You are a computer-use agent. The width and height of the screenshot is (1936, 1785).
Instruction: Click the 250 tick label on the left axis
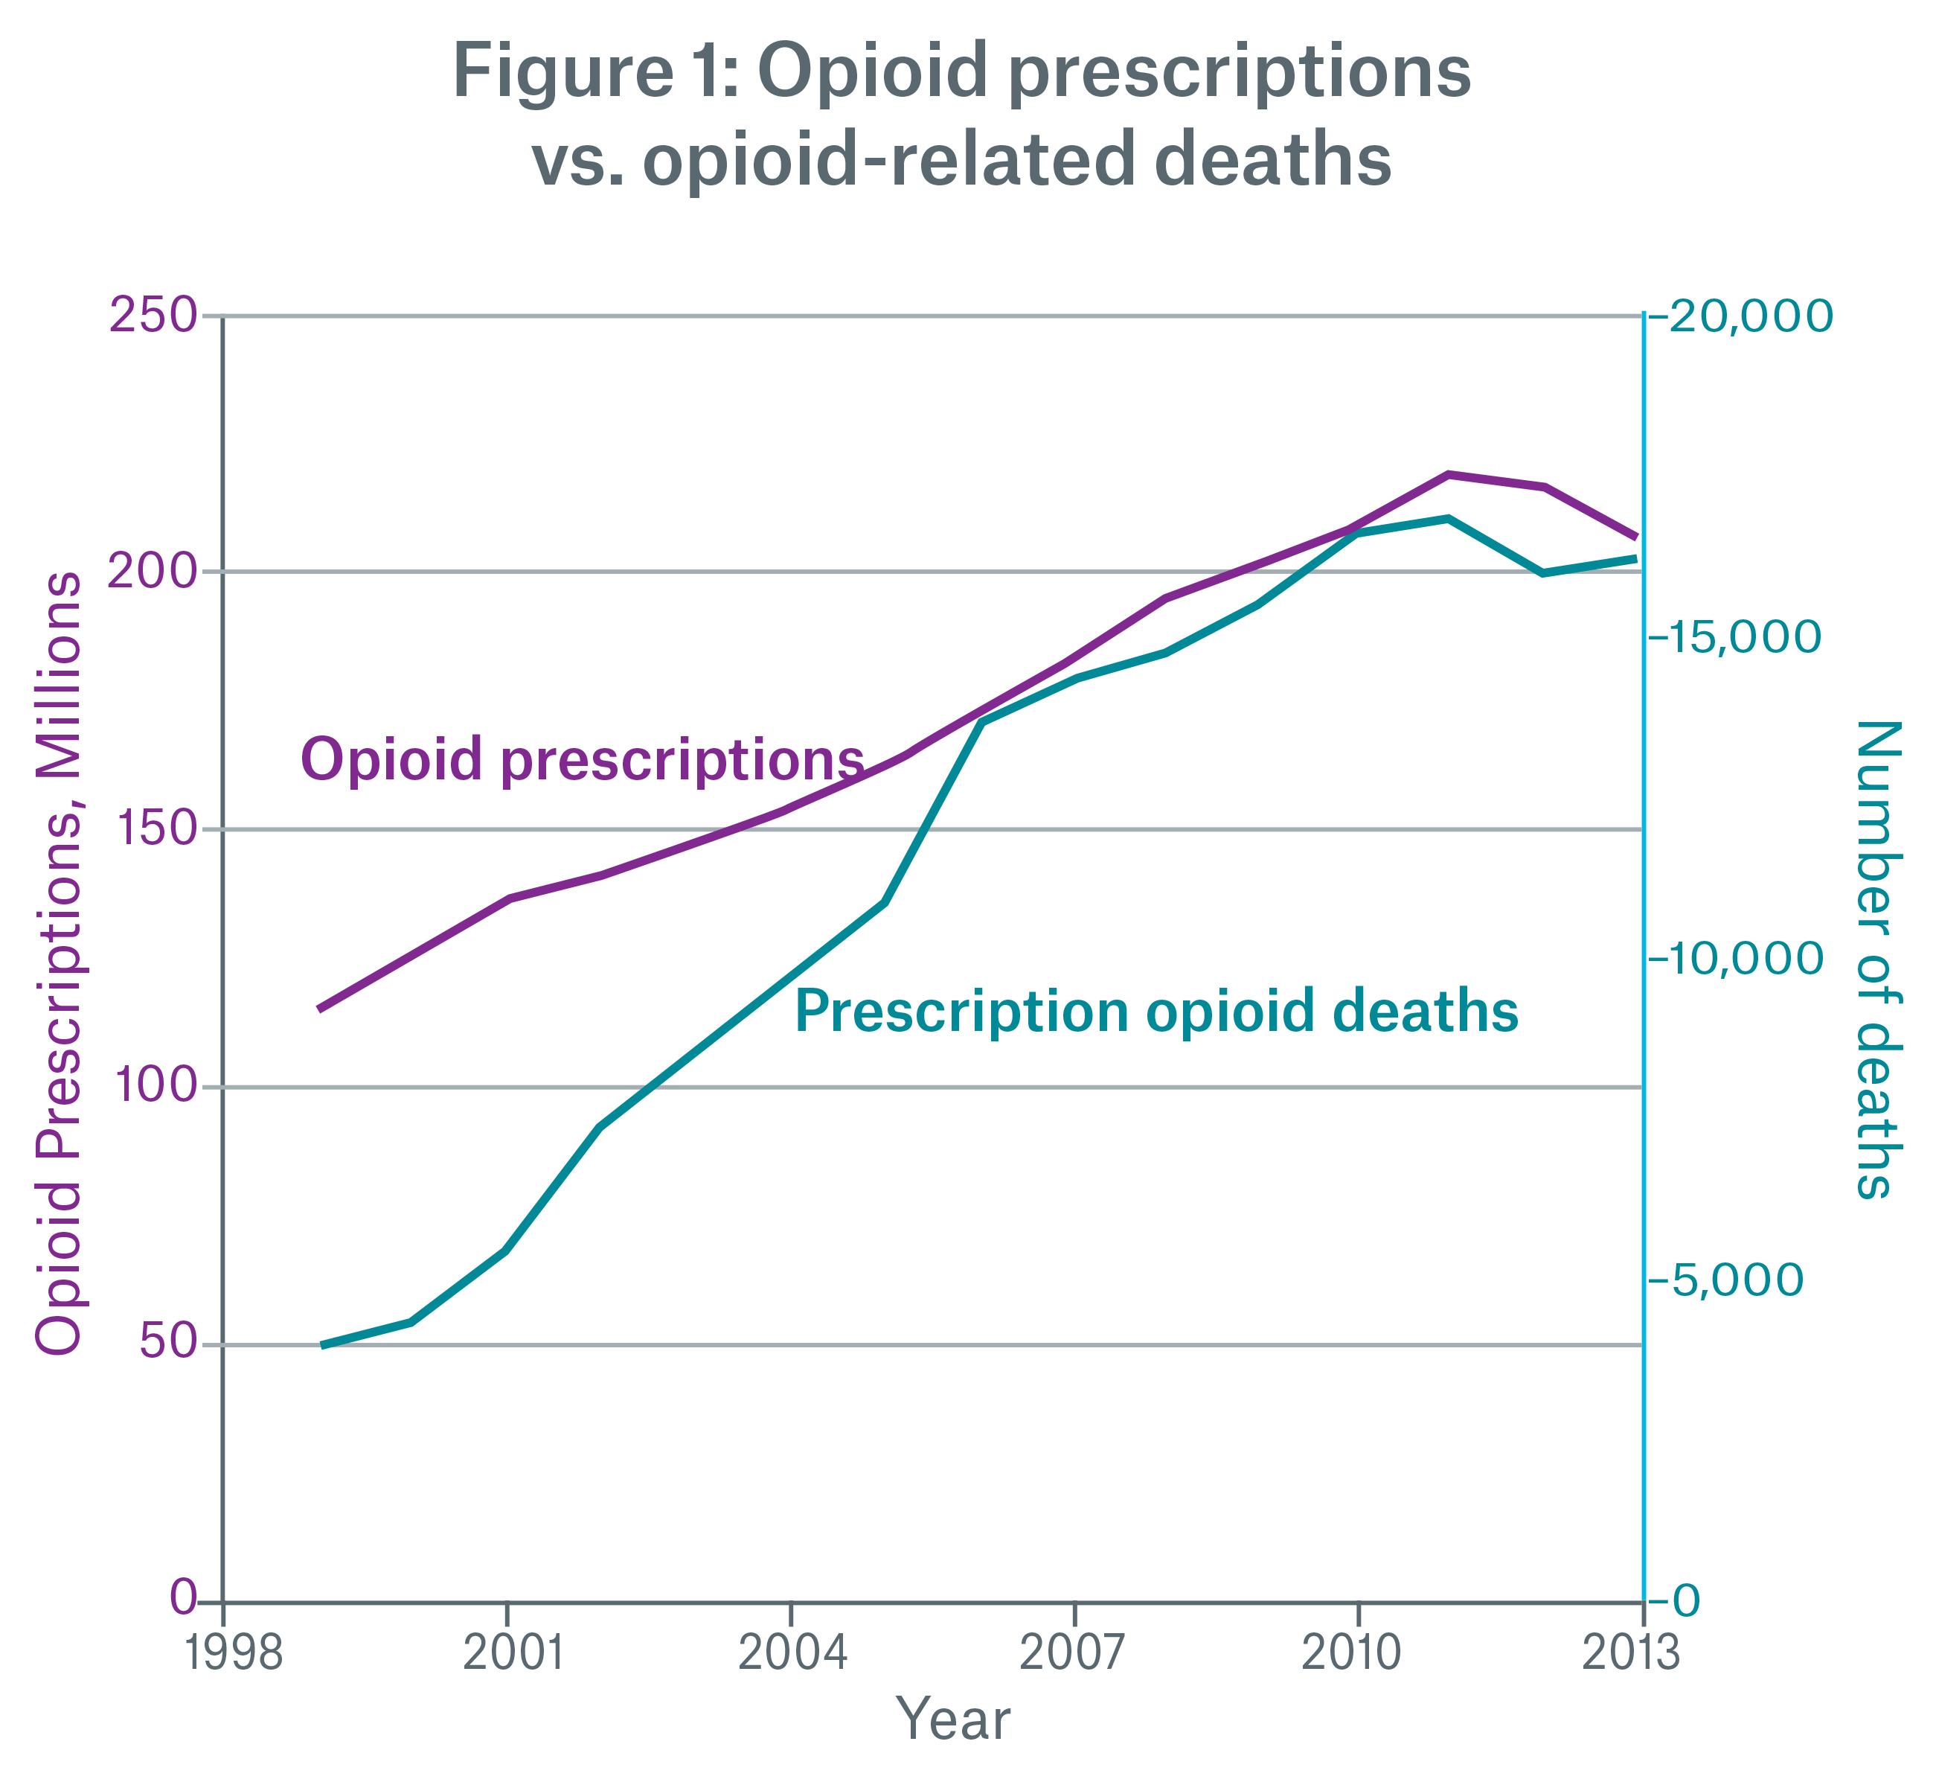[156, 316]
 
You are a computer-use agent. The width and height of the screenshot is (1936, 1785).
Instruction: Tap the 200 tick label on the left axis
[156, 572]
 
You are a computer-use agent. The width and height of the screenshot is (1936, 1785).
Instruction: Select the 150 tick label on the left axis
[156, 828]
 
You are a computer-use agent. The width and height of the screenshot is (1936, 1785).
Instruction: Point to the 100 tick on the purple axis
[156, 1087]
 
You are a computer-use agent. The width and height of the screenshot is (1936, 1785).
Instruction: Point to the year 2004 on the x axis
[791, 1654]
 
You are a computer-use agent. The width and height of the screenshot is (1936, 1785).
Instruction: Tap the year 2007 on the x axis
[1074, 1654]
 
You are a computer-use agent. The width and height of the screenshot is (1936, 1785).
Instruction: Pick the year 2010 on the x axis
[1358, 1654]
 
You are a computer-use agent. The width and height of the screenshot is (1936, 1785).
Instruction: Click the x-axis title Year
[953, 1720]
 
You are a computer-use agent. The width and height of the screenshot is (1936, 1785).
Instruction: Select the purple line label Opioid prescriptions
[583, 759]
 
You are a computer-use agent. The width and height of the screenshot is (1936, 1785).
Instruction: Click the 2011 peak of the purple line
[1449, 474]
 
